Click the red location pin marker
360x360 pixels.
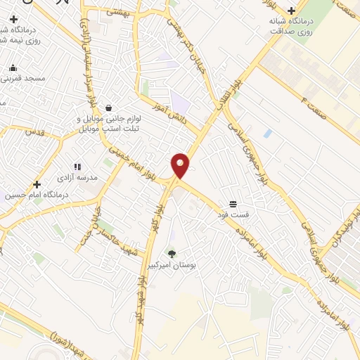click(x=181, y=166)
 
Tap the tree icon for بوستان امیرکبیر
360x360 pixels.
click(x=171, y=253)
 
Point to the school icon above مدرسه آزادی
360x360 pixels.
click(x=77, y=167)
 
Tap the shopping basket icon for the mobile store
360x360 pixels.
click(x=108, y=108)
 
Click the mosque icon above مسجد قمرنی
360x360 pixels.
click(x=13, y=68)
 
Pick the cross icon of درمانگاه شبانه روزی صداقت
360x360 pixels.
click(x=291, y=11)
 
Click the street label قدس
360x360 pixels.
click(x=34, y=131)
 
